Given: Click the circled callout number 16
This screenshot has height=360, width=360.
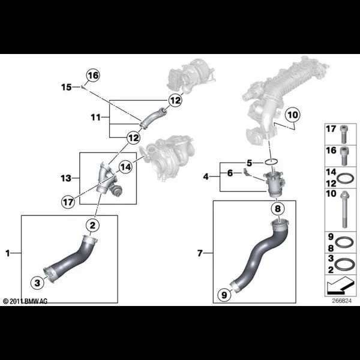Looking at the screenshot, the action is click(x=93, y=76).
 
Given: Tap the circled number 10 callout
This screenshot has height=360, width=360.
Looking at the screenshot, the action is click(x=293, y=115).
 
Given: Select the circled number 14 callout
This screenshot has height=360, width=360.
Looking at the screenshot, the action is click(x=125, y=167).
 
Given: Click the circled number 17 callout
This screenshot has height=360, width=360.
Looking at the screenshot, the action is click(x=68, y=202).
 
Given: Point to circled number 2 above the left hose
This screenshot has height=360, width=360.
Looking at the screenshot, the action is click(x=92, y=225).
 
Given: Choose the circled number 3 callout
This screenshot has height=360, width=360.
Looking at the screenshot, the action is click(x=37, y=283).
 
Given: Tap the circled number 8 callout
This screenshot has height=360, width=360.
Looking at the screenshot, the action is click(x=278, y=209).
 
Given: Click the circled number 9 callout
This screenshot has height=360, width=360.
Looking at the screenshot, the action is click(x=224, y=295).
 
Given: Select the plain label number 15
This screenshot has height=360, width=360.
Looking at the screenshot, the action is click(x=67, y=87).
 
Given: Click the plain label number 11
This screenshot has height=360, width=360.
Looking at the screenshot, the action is click(x=96, y=118).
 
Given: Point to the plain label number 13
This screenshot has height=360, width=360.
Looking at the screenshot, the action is click(x=66, y=178).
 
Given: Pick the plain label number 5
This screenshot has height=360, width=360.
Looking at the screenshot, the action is click(x=250, y=163).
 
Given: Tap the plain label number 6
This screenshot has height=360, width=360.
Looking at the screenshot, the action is click(x=230, y=173).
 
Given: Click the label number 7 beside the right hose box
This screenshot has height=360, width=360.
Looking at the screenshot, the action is click(x=200, y=253).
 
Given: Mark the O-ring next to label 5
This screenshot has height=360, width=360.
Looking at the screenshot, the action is click(x=271, y=162).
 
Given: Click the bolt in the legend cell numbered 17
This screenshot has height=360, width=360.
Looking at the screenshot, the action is click(x=343, y=134).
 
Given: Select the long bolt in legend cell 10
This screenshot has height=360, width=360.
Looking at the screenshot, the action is click(x=344, y=209).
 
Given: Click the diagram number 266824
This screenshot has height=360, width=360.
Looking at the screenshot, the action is click(x=341, y=301).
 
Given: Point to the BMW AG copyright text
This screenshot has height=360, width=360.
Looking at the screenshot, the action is click(x=25, y=301).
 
